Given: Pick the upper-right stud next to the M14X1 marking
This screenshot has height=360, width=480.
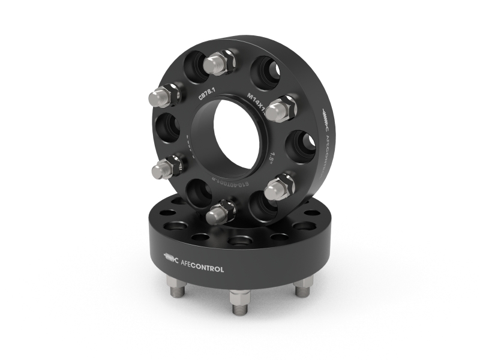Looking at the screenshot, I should coord(281,109).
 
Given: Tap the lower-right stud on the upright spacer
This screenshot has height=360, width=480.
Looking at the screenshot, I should coord(279,187).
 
